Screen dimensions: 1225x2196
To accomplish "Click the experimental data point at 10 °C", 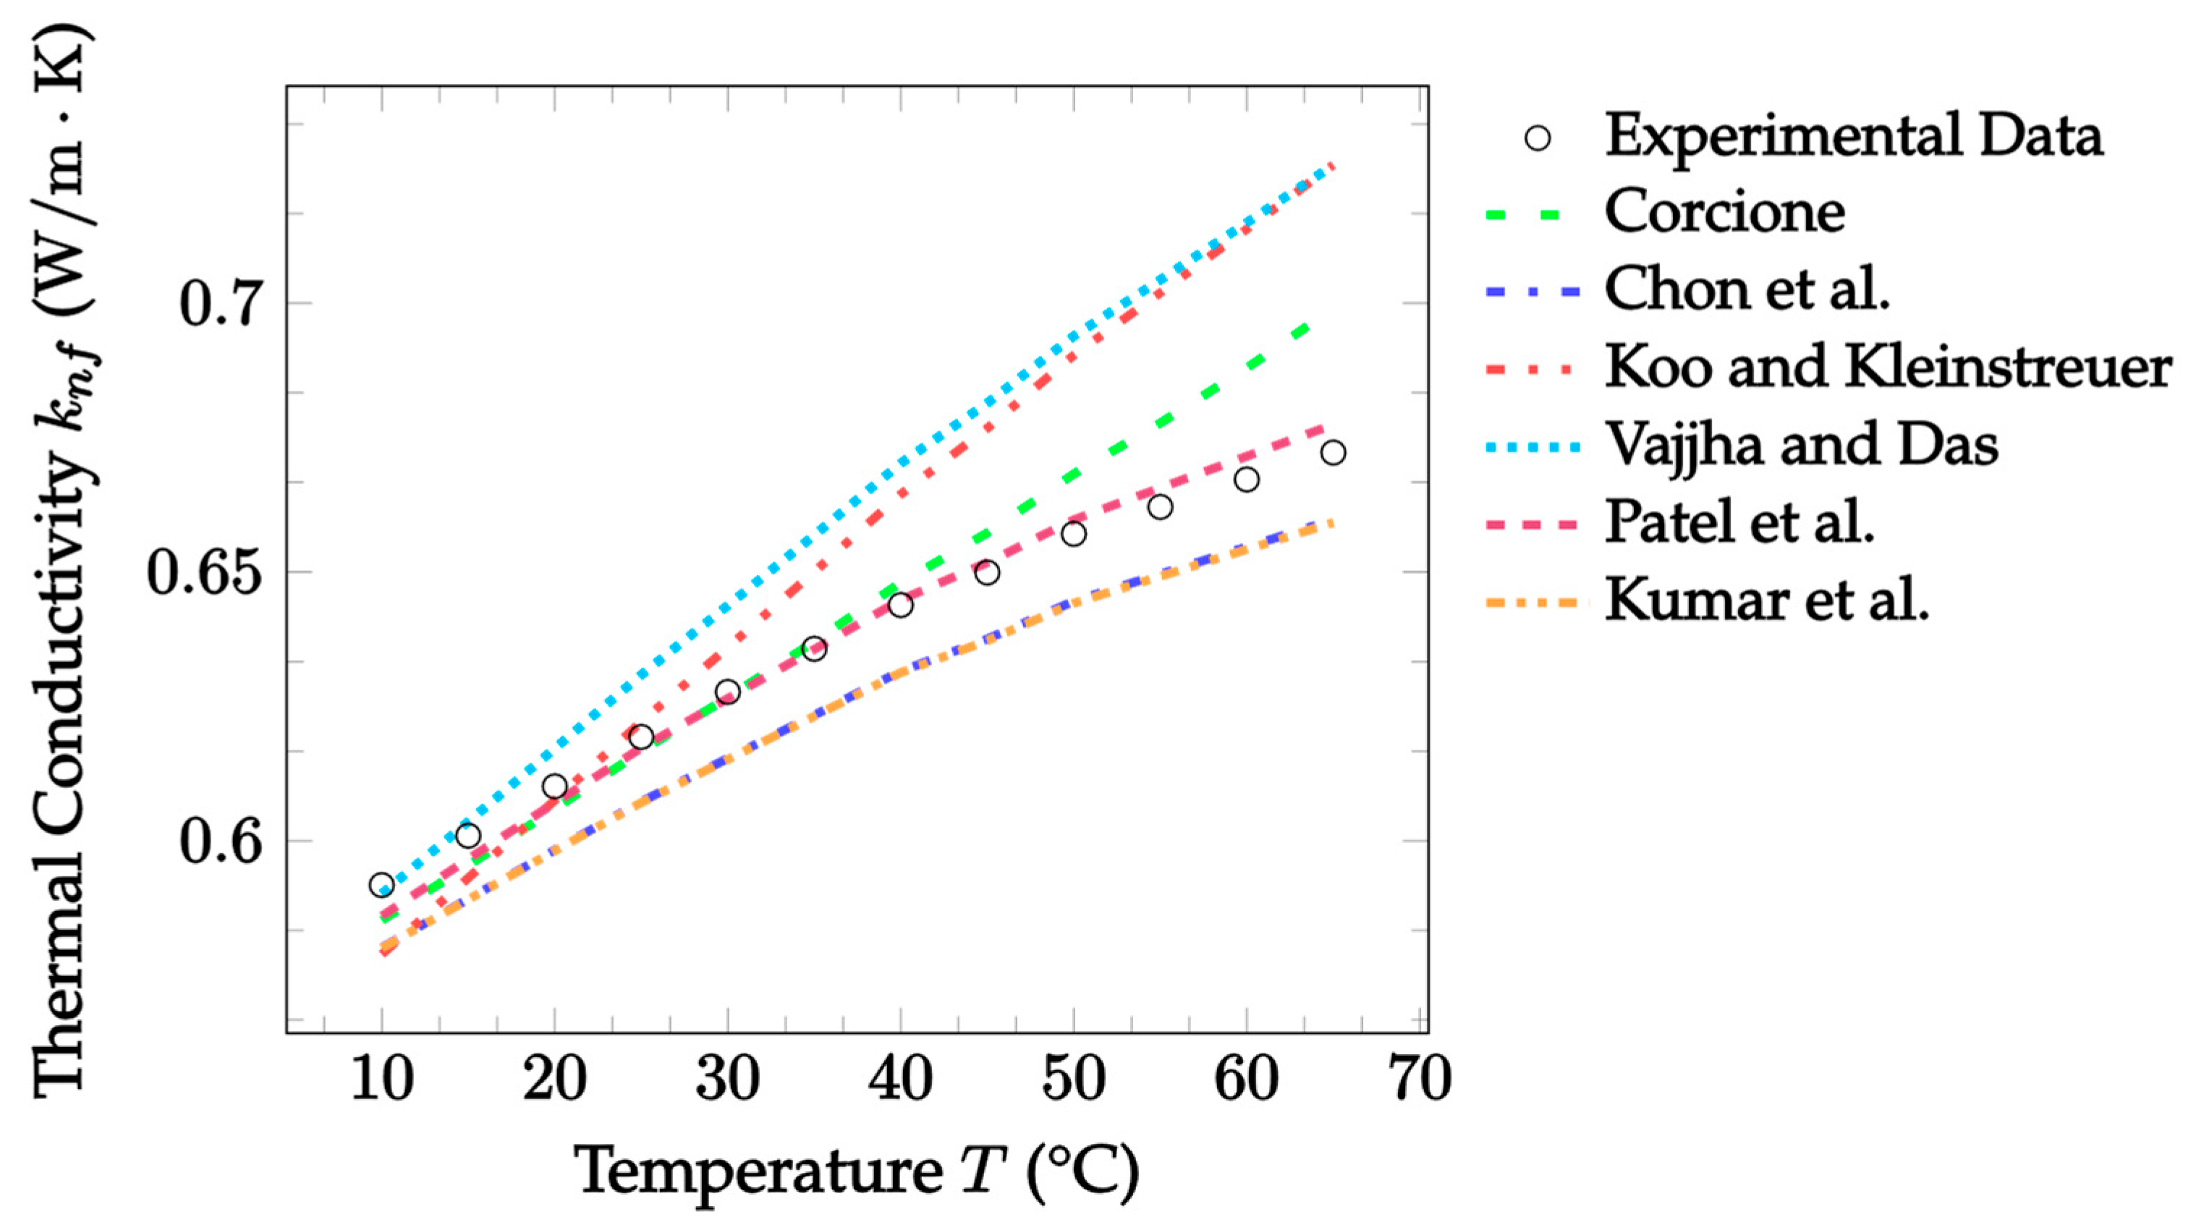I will (x=382, y=885).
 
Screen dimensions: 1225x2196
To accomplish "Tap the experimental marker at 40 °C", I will (x=900, y=605).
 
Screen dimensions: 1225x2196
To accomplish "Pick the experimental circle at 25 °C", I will (x=641, y=737).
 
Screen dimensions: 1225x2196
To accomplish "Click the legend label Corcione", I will (x=1724, y=211).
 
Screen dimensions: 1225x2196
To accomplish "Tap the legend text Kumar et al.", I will (x=1766, y=601).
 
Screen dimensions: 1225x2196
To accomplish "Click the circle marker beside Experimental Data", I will (x=1537, y=138).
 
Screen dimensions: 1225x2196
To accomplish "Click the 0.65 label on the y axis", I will (x=202, y=573).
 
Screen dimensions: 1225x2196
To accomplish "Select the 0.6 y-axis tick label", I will (x=219, y=842).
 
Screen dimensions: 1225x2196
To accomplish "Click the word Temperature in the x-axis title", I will (x=759, y=1172).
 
